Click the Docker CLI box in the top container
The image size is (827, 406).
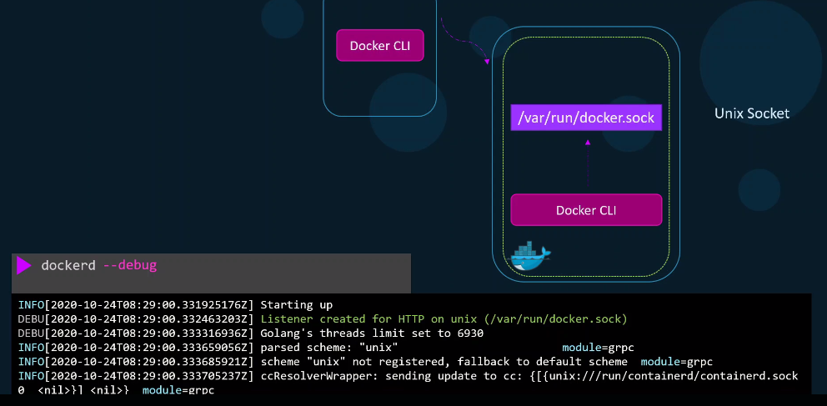pos(380,45)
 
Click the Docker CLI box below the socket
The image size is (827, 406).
pos(586,210)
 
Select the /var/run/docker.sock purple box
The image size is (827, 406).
pos(586,118)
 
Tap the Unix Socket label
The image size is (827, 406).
pos(752,113)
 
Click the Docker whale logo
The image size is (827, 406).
pos(529,256)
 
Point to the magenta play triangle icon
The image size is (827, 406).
pos(23,265)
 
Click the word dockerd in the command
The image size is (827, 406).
pos(68,264)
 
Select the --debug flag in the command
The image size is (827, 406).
pos(130,264)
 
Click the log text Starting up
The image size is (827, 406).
pos(297,305)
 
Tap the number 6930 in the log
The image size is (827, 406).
pos(469,333)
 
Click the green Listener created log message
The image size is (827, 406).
pos(444,319)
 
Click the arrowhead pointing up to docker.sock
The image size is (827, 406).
pos(588,142)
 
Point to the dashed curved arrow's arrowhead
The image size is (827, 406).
pos(487,62)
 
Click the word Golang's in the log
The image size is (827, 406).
pos(282,333)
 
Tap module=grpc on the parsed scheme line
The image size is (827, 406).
pos(598,348)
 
